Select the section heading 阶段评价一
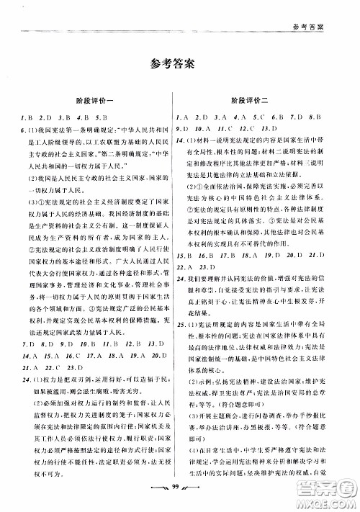[97, 101]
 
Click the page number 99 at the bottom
[179, 491]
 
